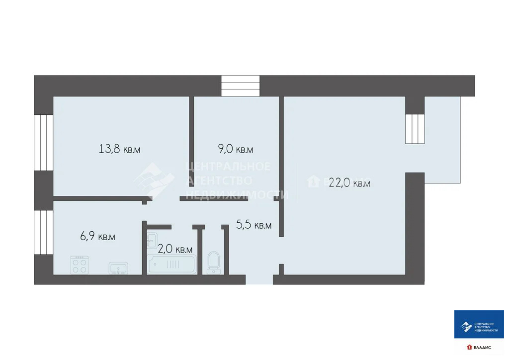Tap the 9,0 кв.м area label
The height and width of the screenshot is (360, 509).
point(236,149)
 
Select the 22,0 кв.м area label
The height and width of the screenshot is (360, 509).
point(349,183)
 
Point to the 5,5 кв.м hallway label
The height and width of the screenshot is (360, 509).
point(254,225)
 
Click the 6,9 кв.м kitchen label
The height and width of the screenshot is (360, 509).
point(97,237)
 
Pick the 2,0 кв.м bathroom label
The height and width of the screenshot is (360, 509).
point(175,249)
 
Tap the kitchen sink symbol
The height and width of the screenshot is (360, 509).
point(118,268)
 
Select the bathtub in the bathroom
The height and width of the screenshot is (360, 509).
point(171,264)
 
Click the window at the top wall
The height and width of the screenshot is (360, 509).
point(241,86)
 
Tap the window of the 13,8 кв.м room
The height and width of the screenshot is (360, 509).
point(43,143)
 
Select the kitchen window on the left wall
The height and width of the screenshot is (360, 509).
point(43,232)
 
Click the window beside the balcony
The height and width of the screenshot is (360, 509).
point(415,129)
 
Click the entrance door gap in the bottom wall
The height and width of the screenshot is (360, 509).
point(259,279)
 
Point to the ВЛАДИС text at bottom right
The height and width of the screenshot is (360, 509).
point(482,347)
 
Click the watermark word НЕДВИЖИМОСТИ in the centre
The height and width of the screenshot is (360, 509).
point(237,194)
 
